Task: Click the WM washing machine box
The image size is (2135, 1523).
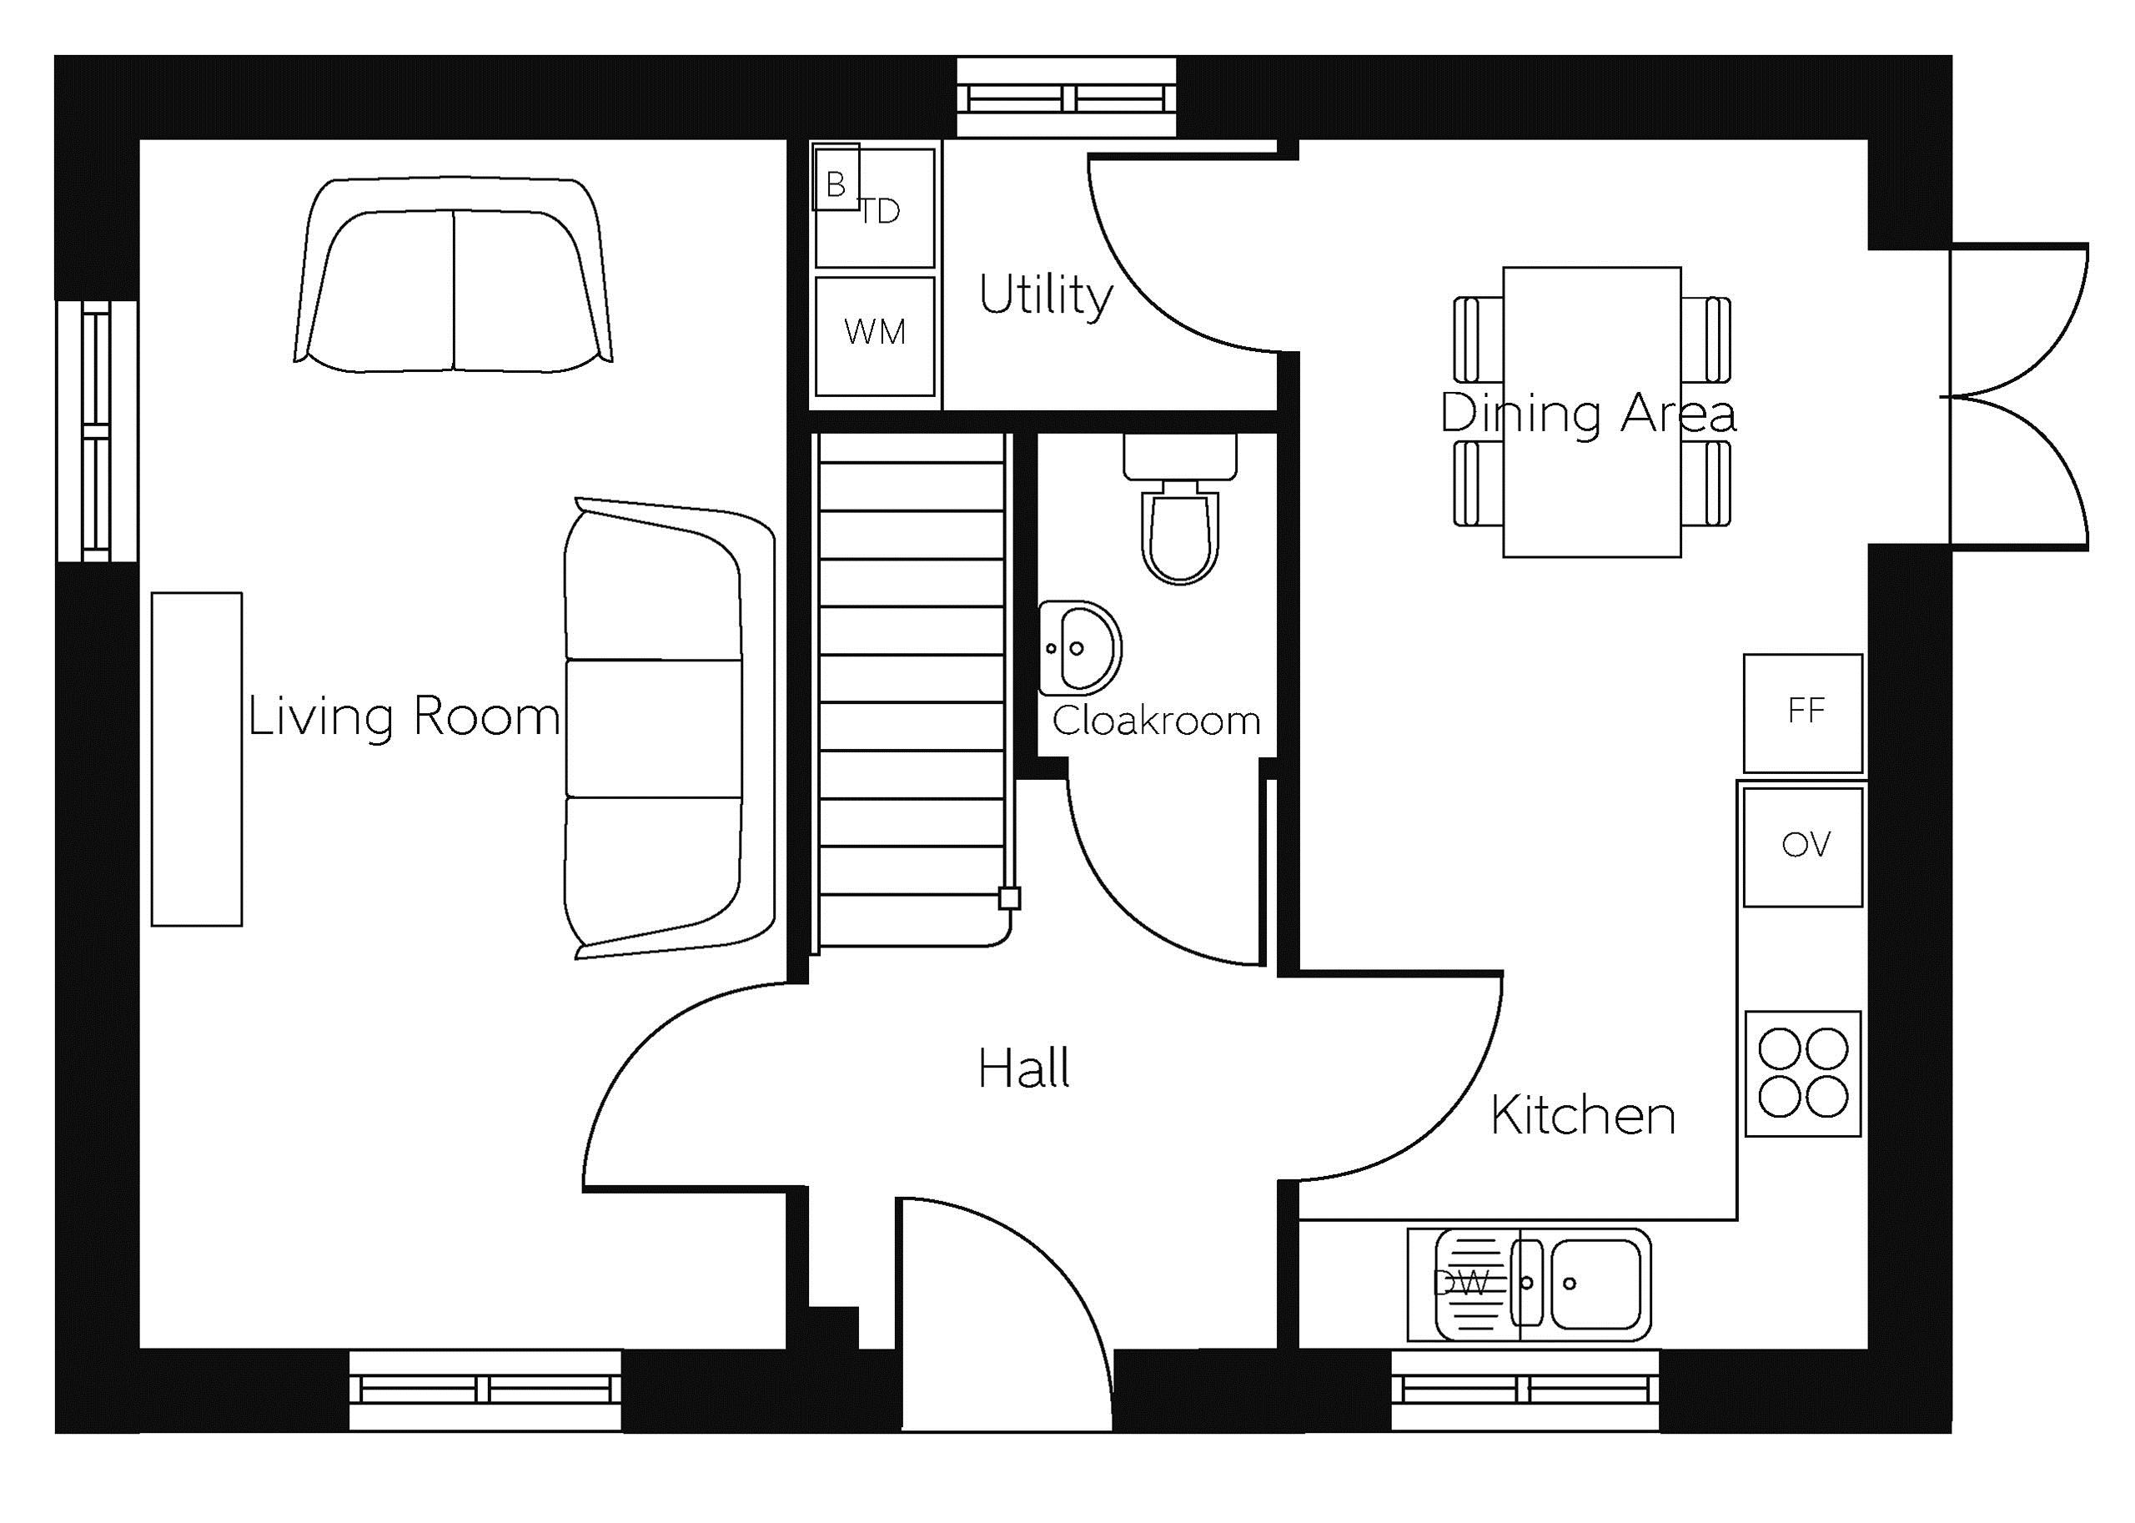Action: (x=875, y=336)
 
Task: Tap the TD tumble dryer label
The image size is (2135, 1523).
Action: (x=881, y=212)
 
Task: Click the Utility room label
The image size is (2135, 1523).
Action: (x=1046, y=296)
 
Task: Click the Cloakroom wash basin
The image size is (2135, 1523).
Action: (x=1080, y=648)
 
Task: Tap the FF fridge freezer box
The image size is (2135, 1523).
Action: (x=1802, y=714)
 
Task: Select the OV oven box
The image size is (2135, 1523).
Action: (x=1802, y=847)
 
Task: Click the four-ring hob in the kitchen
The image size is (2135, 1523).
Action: (x=1802, y=1073)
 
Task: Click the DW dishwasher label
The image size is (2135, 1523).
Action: (x=1462, y=1283)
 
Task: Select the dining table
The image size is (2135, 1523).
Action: (x=1591, y=412)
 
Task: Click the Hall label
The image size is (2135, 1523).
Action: (x=1023, y=1069)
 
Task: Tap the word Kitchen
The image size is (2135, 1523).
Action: (x=1583, y=1115)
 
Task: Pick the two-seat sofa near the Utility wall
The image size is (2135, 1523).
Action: (x=454, y=274)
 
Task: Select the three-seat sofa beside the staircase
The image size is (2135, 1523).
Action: (x=670, y=729)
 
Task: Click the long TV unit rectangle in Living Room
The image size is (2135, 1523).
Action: (x=197, y=759)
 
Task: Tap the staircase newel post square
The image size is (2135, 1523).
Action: (x=1009, y=898)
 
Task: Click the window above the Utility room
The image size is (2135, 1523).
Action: (x=1066, y=98)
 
